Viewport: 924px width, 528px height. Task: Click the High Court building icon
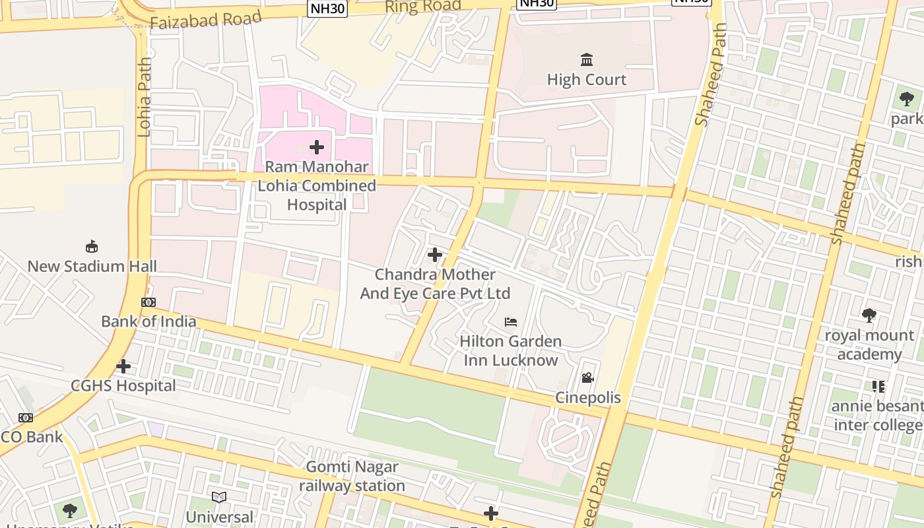(x=587, y=60)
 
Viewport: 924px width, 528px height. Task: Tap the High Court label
(x=587, y=80)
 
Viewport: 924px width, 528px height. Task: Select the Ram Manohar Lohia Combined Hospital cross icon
(x=317, y=147)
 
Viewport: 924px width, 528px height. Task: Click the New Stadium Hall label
(x=92, y=267)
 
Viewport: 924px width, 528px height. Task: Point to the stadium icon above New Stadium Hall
(x=92, y=247)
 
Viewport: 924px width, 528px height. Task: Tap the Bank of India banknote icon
(x=148, y=302)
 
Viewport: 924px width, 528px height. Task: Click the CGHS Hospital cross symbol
(x=123, y=366)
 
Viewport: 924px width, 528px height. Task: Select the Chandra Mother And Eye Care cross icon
(x=435, y=255)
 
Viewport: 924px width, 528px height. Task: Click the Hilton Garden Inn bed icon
(x=511, y=322)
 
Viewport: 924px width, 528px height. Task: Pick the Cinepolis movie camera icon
(x=587, y=378)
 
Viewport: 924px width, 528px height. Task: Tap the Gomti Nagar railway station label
(x=352, y=477)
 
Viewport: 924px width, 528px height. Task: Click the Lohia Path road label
(x=145, y=97)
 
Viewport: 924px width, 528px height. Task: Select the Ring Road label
(x=422, y=7)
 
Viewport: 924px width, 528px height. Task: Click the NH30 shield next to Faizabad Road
(x=327, y=8)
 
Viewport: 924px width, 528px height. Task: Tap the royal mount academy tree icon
(x=869, y=315)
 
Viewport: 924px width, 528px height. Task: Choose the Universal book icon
(x=219, y=497)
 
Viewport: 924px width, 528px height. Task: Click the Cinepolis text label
(x=588, y=397)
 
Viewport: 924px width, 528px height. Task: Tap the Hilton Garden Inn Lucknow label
(x=511, y=351)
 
